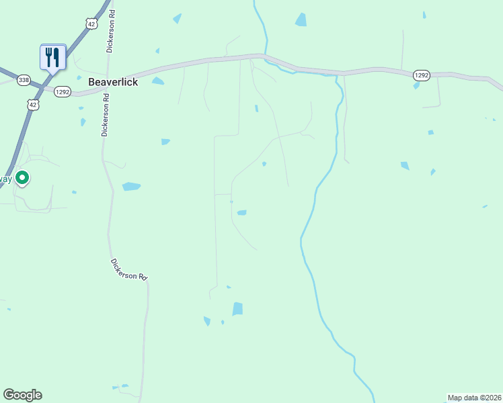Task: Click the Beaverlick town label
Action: (113, 81)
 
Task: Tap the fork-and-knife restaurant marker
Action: (52, 56)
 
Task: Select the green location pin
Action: (22, 178)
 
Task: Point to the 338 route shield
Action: (24, 80)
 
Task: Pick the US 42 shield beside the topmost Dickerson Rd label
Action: (91, 24)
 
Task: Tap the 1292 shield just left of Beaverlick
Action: (62, 92)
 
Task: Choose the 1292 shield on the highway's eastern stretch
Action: (421, 76)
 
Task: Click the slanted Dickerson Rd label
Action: (128, 269)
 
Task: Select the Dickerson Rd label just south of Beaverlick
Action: (105, 115)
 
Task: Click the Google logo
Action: (22, 395)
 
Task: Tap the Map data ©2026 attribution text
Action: (474, 397)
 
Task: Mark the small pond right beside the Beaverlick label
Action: (157, 81)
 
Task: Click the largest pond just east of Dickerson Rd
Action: (131, 186)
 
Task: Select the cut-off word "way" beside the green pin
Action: (5, 179)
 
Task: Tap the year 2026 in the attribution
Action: (491, 397)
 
